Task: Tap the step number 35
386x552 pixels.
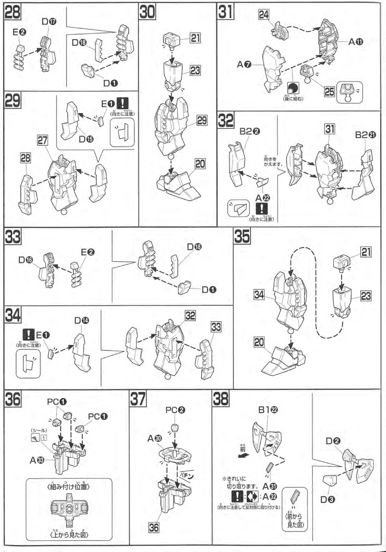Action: coord(242,236)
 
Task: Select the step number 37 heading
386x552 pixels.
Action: coord(138,399)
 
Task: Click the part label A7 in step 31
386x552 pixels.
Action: coord(244,64)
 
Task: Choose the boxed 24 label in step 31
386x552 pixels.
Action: coord(264,15)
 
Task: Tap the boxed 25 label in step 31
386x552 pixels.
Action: coord(329,91)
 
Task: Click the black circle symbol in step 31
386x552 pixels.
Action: coord(293,88)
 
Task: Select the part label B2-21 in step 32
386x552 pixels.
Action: coord(365,135)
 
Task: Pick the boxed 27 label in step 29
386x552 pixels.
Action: coord(42,140)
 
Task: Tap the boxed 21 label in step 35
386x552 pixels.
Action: coord(366,252)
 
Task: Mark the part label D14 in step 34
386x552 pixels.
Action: coord(81,321)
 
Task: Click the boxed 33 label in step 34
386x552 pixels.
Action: coord(216,327)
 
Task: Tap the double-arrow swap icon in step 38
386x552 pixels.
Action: coord(253,496)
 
